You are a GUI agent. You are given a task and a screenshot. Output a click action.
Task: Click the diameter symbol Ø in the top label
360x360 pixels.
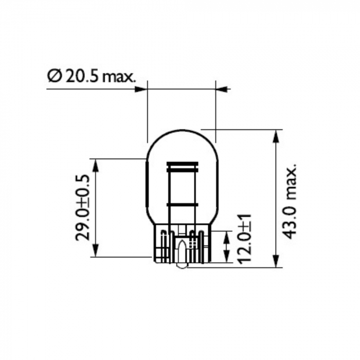click(x=54, y=77)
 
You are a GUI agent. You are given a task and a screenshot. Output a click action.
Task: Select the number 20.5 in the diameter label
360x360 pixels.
click(x=80, y=77)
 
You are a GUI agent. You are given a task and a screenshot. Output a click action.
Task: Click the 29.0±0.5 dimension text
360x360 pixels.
click(x=84, y=208)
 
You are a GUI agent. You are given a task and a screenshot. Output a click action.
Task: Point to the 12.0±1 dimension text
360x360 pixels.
click(x=244, y=240)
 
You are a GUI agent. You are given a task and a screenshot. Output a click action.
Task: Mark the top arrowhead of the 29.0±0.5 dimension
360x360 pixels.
click(x=95, y=165)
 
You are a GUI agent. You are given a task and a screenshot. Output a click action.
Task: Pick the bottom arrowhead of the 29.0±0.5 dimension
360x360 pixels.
click(x=95, y=250)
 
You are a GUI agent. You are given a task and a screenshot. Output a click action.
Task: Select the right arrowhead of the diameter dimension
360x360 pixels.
click(x=222, y=89)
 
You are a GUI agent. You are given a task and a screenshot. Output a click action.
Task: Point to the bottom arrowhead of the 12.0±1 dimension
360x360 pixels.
click(x=226, y=258)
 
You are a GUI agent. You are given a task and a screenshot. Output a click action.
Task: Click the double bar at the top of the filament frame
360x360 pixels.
click(x=182, y=167)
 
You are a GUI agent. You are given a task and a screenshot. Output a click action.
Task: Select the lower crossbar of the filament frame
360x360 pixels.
click(x=182, y=204)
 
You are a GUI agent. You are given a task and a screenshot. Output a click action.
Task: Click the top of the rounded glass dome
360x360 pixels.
click(x=182, y=130)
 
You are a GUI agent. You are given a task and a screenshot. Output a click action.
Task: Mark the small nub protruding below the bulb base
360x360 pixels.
click(x=182, y=266)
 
